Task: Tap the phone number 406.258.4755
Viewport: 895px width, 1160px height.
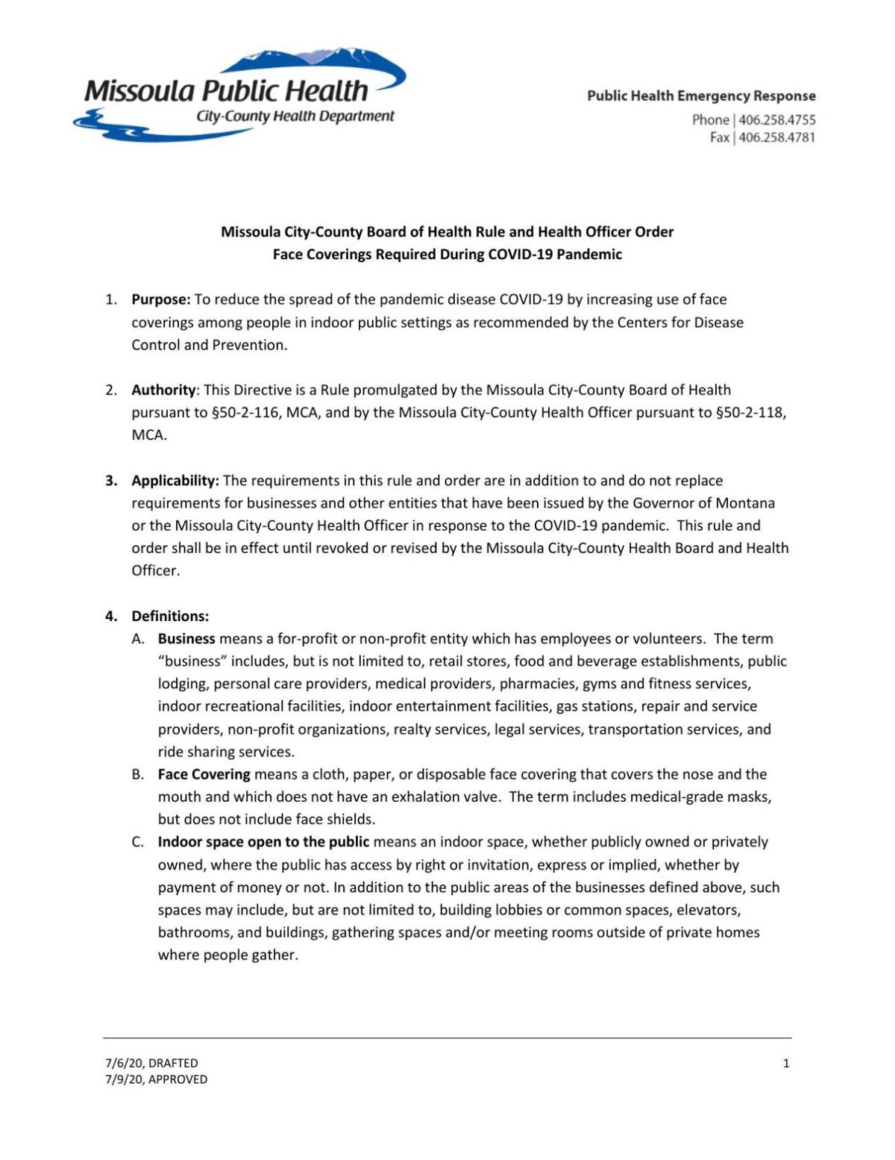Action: coord(776,119)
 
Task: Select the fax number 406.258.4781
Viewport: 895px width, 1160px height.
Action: coord(776,137)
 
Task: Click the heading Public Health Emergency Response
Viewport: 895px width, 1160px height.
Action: coord(701,96)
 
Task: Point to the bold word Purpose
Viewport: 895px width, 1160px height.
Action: coord(161,299)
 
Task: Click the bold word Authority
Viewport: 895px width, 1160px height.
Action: coord(163,390)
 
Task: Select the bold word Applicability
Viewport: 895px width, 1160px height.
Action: coord(175,480)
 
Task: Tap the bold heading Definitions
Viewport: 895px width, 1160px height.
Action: coord(170,616)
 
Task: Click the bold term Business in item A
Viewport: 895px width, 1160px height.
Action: coord(186,639)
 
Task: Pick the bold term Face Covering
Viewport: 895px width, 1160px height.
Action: coord(204,774)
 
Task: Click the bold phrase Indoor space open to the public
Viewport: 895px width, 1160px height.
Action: coord(263,842)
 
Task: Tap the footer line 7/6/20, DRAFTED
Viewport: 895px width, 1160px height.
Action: coord(151,1063)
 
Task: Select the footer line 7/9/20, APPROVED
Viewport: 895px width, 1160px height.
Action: coord(156,1079)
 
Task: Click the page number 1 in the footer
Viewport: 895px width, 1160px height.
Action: coord(786,1063)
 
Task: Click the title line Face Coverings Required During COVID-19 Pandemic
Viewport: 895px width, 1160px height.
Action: coord(447,255)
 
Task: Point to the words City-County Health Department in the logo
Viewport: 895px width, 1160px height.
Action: coord(295,116)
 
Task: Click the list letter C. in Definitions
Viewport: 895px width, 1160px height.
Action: coord(138,842)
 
